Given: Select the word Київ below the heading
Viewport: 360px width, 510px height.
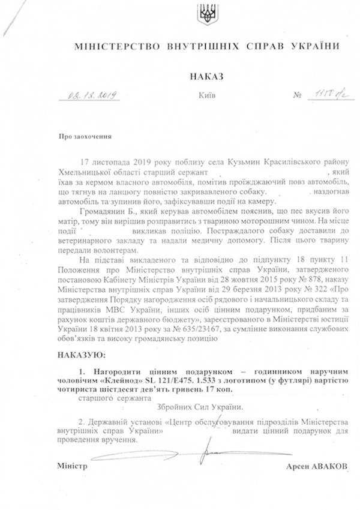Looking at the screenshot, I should pos(205,95).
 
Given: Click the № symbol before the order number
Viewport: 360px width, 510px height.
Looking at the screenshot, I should pos(296,95).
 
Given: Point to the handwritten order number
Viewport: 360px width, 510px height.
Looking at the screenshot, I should pos(323,94).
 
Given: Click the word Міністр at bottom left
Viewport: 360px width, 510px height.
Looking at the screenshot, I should pos(72,466).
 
